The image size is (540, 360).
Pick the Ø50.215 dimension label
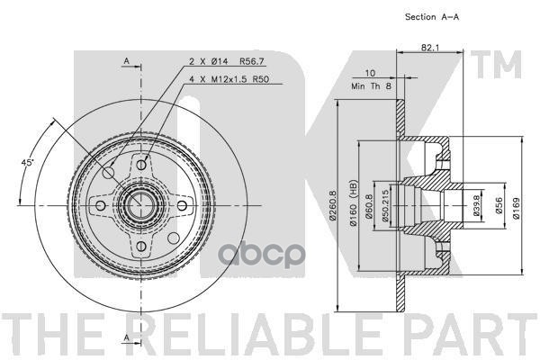[x=386, y=207]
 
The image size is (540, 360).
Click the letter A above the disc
[x=127, y=62]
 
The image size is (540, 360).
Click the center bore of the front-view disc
[x=140, y=206]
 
